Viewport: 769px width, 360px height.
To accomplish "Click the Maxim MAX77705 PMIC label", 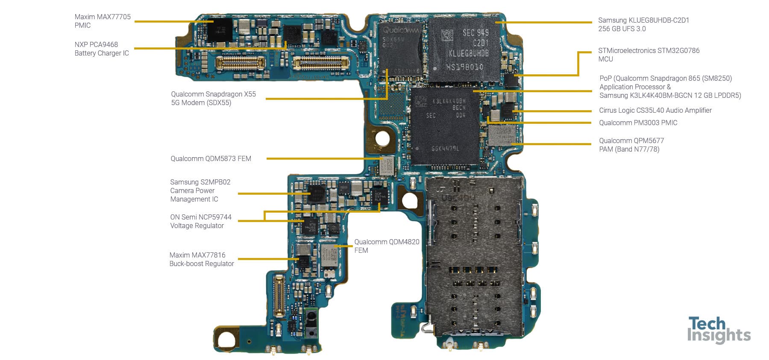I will pos(103,21).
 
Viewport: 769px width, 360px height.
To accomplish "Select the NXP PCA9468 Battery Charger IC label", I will pos(102,49).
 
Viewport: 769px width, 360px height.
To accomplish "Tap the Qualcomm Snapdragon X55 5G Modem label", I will pos(213,98).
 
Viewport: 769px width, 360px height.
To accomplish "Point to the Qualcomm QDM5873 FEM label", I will pos(211,158).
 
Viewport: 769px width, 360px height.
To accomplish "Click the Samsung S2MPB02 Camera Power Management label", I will pos(200,190).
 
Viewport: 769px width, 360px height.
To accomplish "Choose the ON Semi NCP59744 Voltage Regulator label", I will pos(200,221).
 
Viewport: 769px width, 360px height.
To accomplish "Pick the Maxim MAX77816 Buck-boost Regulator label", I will pos(201,259).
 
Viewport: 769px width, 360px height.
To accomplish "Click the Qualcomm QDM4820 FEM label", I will pos(386,246).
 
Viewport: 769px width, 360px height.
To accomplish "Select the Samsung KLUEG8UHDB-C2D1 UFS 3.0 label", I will pos(643,24).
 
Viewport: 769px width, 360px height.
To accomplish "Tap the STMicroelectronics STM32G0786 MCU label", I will pos(649,55).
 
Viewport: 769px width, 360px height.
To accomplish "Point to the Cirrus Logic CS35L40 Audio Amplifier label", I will pos(655,110).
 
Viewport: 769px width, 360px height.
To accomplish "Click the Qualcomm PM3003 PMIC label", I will pos(638,123).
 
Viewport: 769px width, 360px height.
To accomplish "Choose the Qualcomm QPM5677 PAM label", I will pos(631,145).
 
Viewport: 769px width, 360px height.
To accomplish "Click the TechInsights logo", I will pos(719,330).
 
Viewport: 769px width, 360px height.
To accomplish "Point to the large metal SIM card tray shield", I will pos(474,256).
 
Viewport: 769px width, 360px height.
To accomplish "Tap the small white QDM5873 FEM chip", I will pos(387,165).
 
